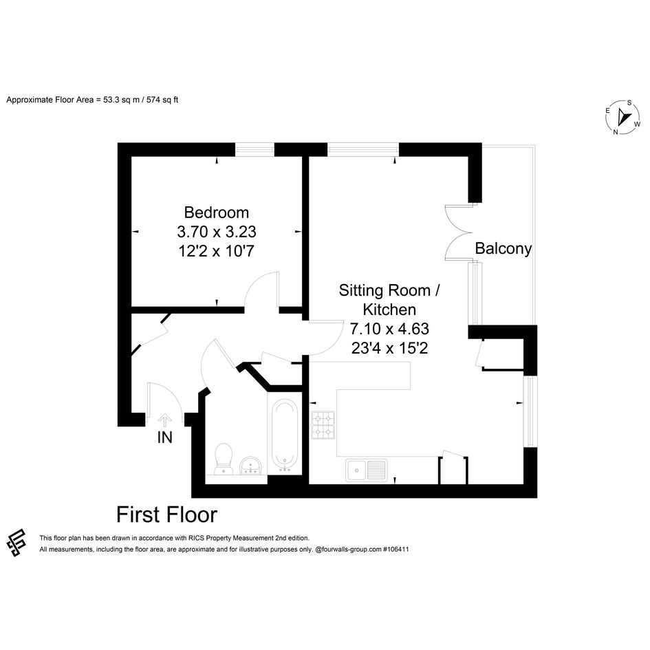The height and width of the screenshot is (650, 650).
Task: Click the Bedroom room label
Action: pos(217,213)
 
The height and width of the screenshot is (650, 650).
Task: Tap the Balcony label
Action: pos(503,248)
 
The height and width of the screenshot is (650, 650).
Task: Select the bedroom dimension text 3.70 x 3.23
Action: pos(217,232)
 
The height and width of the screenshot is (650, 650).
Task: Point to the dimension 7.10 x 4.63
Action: pos(389,329)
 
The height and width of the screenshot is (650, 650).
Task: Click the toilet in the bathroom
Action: pos(224,459)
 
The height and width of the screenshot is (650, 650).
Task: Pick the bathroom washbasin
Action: pos(250,465)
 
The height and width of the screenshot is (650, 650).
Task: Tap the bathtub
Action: pos(284,435)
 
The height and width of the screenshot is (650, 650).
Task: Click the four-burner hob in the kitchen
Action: pos(323,425)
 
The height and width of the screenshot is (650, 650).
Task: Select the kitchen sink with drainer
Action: pos(367,470)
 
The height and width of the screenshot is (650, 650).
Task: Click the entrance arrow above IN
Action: pos(164,420)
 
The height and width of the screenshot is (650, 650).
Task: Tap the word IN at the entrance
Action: pos(164,437)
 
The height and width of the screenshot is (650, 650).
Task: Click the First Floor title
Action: pos(166,515)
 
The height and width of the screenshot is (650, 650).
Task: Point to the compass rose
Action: pos(622,118)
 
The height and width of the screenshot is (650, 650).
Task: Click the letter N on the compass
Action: pos(616,132)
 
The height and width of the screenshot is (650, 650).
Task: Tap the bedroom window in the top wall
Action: pos(254,150)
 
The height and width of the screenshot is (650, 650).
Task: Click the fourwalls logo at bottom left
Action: pos(17,543)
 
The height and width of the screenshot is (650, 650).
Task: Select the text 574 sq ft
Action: pos(162,100)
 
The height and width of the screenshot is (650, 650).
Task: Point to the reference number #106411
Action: pos(396,550)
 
